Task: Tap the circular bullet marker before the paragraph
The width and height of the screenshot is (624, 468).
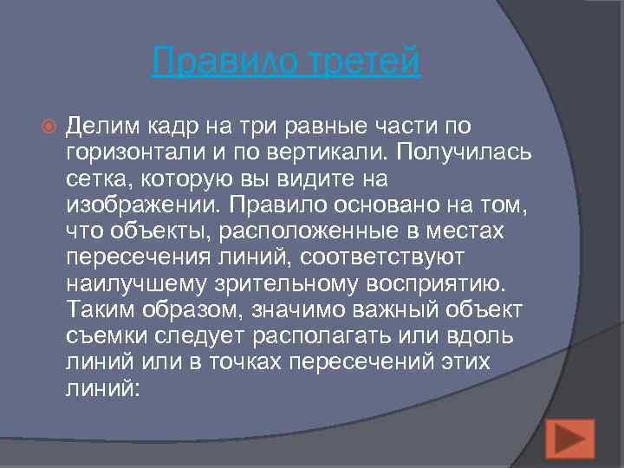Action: pyautogui.click(x=49, y=127)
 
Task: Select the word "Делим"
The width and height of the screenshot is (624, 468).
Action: pyautogui.click(x=101, y=127)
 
